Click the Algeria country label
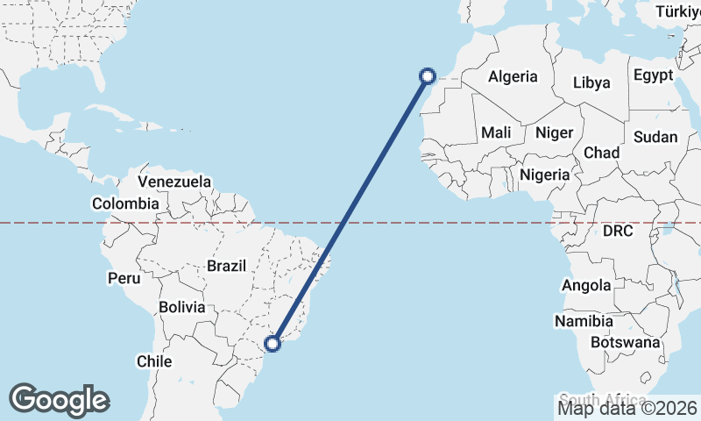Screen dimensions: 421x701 (x=513, y=76)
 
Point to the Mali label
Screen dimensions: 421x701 (x=496, y=133)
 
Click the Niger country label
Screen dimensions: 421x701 (x=554, y=133)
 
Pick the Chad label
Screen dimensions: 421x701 (x=601, y=153)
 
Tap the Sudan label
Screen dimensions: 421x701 (x=655, y=137)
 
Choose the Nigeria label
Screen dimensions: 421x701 (x=544, y=175)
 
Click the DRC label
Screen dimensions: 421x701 (x=617, y=231)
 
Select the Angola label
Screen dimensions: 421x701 (x=587, y=285)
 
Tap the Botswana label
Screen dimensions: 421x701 (x=625, y=341)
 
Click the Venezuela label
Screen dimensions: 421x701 (x=175, y=182)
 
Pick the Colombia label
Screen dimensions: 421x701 (x=126, y=204)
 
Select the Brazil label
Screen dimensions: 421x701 (x=227, y=266)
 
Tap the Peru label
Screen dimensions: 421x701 (x=124, y=279)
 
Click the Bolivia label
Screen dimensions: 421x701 (x=182, y=308)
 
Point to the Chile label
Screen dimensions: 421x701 (x=154, y=360)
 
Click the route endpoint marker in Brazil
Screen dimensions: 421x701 (x=273, y=344)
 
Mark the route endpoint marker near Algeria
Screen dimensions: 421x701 (x=428, y=76)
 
